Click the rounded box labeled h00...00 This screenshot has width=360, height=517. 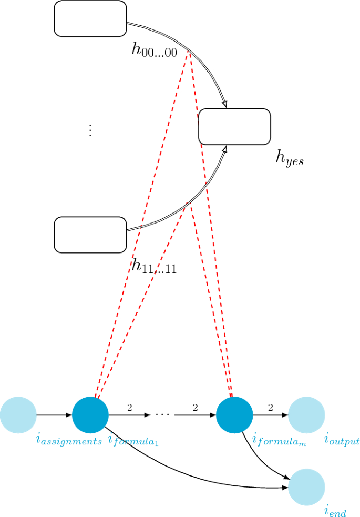(90, 18)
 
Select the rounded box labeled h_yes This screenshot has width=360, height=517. (234, 126)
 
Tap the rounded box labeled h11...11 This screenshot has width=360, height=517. (90, 235)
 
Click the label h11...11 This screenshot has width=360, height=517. (154, 267)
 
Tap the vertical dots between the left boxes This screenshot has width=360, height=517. (90, 130)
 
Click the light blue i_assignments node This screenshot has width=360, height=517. (18, 414)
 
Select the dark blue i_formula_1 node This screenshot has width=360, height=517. (90, 414)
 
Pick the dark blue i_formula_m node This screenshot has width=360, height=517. (234, 414)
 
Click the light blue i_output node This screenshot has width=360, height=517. (306, 414)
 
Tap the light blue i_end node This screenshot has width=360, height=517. (306, 487)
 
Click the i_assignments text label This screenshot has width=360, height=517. (69, 441)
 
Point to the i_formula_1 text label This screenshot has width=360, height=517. (133, 441)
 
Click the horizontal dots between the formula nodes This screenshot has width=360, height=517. (162, 415)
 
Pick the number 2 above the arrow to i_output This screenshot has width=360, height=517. (271, 407)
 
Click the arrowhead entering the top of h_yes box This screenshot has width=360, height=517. (224, 105)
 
